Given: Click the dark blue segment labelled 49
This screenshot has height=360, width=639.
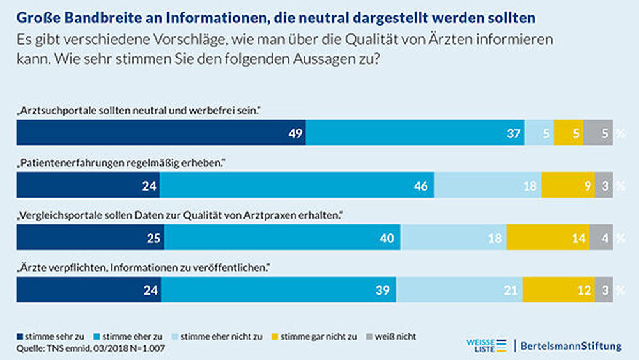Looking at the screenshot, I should click(161, 133).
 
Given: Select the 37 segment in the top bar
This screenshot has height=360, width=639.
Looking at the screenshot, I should click(415, 133).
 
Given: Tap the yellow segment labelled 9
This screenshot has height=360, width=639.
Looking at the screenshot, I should click(568, 185).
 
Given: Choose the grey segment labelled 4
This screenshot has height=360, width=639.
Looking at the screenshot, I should click(604, 237).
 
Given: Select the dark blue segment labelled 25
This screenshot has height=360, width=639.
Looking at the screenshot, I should click(90, 237).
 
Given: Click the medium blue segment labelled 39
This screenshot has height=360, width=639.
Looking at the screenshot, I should click(279, 289).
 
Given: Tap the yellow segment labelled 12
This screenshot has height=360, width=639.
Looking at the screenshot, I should click(558, 289).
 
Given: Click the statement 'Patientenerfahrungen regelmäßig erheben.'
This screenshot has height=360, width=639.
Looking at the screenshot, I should click(121, 163).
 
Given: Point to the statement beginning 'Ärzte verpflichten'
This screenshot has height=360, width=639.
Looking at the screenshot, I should click(141, 267).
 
